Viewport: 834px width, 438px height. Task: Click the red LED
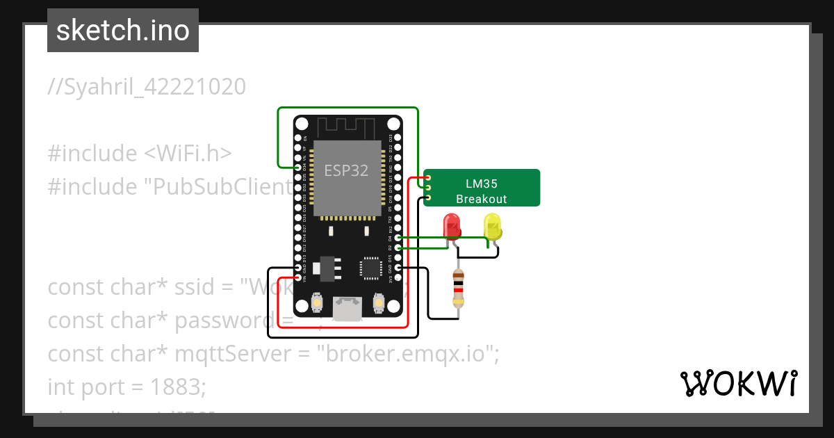click(x=452, y=227)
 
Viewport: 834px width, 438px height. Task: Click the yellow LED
click(x=492, y=227)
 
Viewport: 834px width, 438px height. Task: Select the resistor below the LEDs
click(x=458, y=289)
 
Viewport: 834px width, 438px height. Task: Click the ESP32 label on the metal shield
click(x=347, y=170)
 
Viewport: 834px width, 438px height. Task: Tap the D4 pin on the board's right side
click(x=397, y=238)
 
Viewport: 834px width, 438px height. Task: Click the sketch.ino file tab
click(x=123, y=31)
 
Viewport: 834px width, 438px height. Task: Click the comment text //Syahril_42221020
click(x=147, y=87)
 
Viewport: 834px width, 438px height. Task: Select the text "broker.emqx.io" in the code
click(x=408, y=354)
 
